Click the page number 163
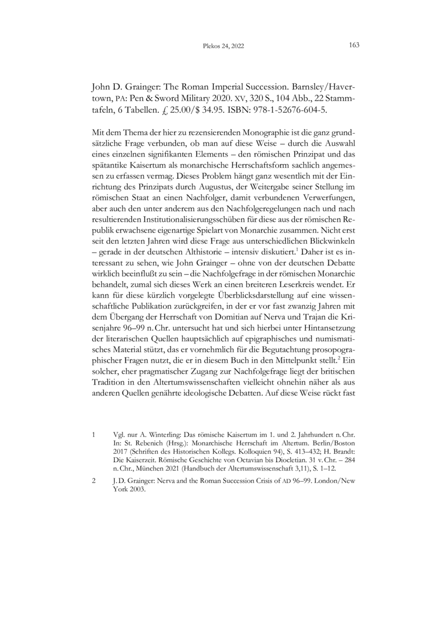pyautogui.click(x=353, y=45)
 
